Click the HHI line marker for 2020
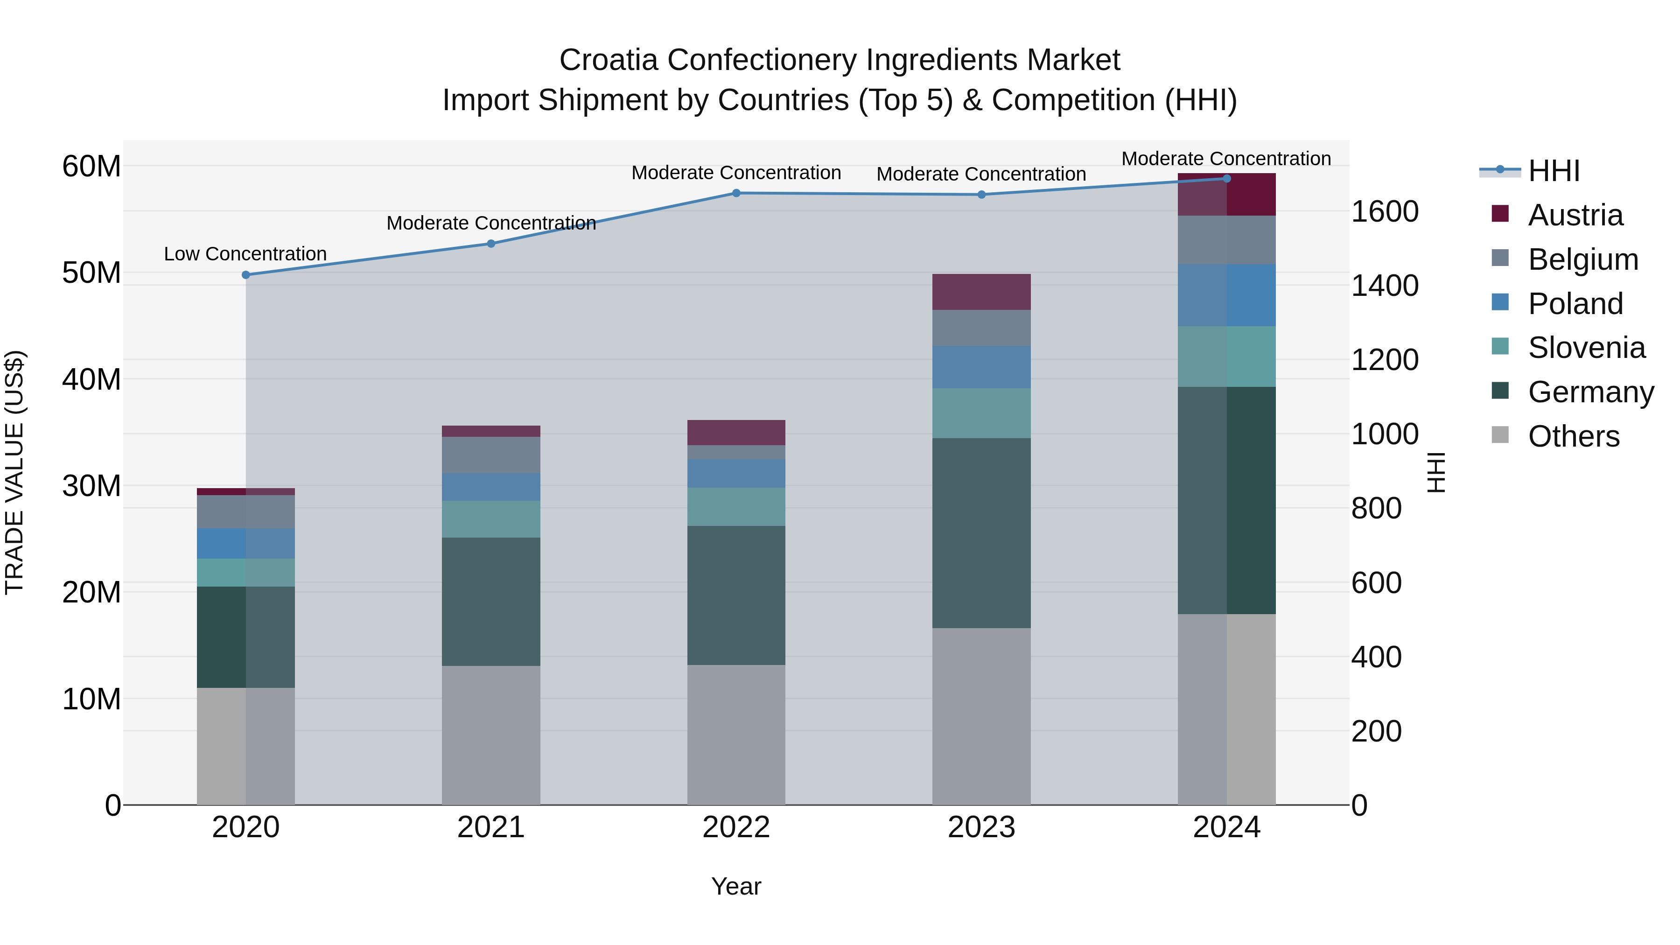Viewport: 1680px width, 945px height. pos(246,275)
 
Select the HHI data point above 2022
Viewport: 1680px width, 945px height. pos(736,193)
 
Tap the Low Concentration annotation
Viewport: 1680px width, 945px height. pos(245,254)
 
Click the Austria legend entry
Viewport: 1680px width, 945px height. pos(1575,215)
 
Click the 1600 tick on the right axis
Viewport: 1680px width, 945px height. pos(1384,211)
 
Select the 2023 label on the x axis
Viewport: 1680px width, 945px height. pos(981,827)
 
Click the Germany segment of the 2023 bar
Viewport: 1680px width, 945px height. pos(981,533)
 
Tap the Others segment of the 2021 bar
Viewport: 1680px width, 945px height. pos(491,735)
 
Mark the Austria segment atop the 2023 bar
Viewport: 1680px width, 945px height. pos(981,292)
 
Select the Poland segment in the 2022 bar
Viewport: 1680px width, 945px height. pos(736,474)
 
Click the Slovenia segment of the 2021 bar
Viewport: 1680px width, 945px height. pos(491,519)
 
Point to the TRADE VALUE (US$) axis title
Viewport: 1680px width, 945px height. pos(14,472)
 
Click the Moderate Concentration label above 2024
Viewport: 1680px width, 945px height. pos(1226,159)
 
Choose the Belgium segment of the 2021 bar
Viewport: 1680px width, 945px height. pos(491,455)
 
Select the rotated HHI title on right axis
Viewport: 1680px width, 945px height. pos(1436,472)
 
